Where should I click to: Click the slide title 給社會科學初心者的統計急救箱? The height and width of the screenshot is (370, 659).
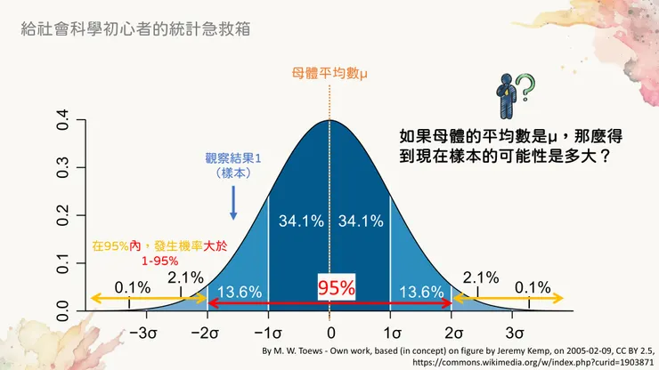point(134,28)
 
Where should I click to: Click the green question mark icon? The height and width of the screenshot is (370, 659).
point(526,86)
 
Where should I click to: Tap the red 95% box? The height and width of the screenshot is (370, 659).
point(337,287)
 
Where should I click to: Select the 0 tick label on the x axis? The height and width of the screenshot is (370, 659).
point(329,334)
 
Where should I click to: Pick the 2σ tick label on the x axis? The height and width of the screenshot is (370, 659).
point(452,334)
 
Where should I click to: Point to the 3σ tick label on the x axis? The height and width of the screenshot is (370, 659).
point(514,334)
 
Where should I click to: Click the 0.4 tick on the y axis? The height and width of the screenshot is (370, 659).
point(63,120)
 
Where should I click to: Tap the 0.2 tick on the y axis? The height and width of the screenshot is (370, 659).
point(63,217)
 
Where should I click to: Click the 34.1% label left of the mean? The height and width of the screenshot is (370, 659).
point(298,221)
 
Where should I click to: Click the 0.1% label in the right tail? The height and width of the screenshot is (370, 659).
point(533,286)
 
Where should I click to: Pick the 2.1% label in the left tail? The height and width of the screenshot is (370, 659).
point(187,277)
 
